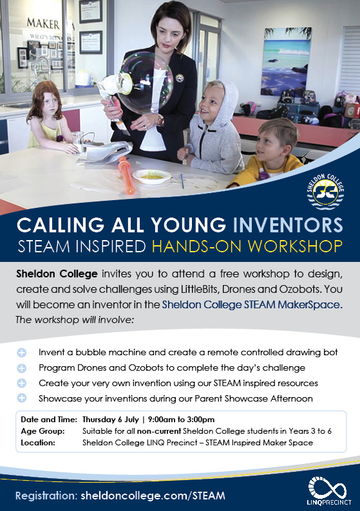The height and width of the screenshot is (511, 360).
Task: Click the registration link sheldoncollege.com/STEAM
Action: tap(152, 496)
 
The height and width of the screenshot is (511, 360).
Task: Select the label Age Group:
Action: tap(42, 431)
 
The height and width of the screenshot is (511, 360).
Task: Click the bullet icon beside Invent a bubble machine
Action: tap(22, 353)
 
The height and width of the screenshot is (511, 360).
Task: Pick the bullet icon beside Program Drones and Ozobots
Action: tap(22, 367)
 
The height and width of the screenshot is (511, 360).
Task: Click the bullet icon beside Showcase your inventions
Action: tap(22, 398)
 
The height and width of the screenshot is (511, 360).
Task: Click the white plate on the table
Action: tap(152, 176)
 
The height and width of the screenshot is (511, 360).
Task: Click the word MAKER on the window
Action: tap(43, 24)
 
